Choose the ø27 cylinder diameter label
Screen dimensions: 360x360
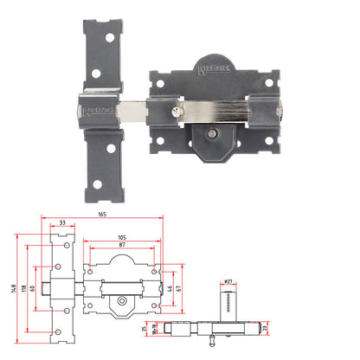click(x=228, y=282)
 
